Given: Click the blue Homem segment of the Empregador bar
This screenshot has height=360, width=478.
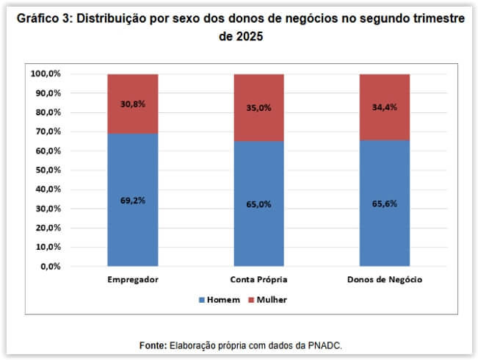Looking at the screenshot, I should pyautogui.click(x=132, y=220).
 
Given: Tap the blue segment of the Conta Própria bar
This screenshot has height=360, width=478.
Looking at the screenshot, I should pyautogui.click(x=258, y=228).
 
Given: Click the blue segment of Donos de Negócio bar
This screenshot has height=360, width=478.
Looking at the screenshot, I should pyautogui.click(x=385, y=228).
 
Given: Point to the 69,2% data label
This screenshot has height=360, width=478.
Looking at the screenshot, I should pyautogui.click(x=133, y=200).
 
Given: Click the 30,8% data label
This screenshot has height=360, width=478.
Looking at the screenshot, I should pyautogui.click(x=133, y=104).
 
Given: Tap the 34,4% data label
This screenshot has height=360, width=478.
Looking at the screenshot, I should pyautogui.click(x=385, y=107).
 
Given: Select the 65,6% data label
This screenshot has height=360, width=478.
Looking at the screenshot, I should pyautogui.click(x=385, y=204).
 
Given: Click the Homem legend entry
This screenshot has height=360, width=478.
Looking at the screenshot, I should pyautogui.click(x=220, y=300).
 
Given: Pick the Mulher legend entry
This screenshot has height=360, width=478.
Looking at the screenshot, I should pyautogui.click(x=267, y=300).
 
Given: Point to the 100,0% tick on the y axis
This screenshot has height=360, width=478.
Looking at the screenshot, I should pyautogui.click(x=46, y=74).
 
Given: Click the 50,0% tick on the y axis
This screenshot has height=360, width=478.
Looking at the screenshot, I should pyautogui.click(x=48, y=170).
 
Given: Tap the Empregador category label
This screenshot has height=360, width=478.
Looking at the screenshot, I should pyautogui.click(x=133, y=280).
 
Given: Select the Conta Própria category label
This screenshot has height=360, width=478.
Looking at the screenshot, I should pyautogui.click(x=258, y=280).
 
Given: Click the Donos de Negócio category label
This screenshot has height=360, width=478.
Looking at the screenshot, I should pyautogui.click(x=385, y=280).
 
